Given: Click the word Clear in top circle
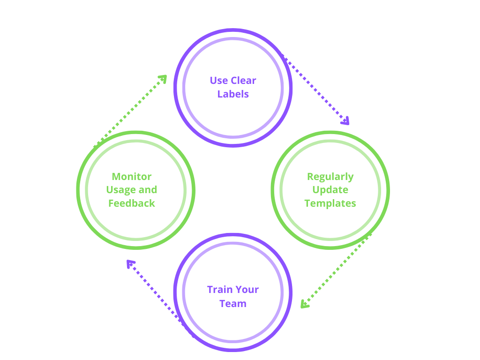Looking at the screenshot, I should (x=243, y=81).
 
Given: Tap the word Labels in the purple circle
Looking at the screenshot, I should (x=233, y=94).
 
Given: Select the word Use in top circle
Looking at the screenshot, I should (x=218, y=81).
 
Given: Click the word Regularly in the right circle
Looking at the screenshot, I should (x=330, y=177).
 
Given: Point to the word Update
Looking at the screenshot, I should (x=330, y=190).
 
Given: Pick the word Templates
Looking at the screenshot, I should (x=330, y=203).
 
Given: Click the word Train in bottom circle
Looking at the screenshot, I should (x=220, y=290).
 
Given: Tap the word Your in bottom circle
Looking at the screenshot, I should (x=247, y=290).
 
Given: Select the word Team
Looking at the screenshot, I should (x=233, y=303).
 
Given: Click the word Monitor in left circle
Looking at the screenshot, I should (x=132, y=177).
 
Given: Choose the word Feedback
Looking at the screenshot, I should (x=132, y=203).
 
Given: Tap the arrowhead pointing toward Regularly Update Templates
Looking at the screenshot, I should (x=346, y=121).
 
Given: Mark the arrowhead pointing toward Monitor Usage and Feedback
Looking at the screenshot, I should (x=130, y=263).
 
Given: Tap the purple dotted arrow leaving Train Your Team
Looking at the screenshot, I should (x=159, y=296).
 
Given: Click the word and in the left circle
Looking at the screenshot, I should (x=148, y=190).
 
